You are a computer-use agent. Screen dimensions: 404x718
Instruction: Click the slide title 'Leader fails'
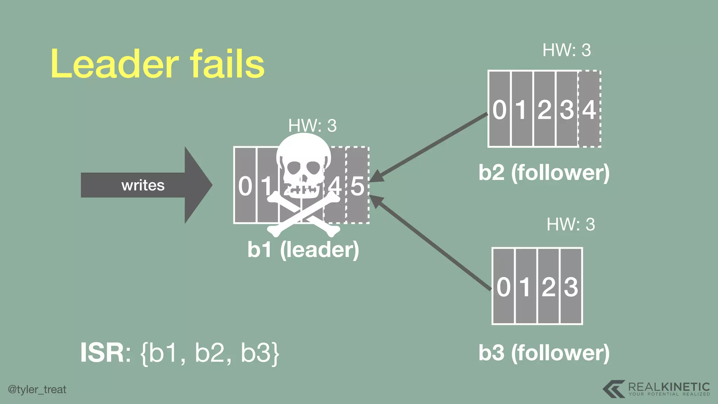click(x=157, y=64)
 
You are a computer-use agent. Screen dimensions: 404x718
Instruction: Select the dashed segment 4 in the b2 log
click(x=589, y=109)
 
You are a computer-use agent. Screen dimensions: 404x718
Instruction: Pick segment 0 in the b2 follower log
click(x=500, y=109)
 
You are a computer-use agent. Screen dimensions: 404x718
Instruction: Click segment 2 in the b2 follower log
click(x=544, y=109)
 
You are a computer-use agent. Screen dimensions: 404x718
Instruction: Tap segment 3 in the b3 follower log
click(x=571, y=286)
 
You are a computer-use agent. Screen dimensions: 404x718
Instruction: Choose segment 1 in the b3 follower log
click(x=526, y=286)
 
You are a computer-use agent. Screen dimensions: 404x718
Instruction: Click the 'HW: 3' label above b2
click(x=567, y=50)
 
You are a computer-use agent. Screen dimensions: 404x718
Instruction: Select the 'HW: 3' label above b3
click(x=571, y=224)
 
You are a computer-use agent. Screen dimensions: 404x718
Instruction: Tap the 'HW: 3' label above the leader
click(x=312, y=126)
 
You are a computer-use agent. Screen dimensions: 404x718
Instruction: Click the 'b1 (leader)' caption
click(x=303, y=249)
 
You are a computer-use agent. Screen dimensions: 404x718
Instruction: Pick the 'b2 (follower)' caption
click(x=544, y=173)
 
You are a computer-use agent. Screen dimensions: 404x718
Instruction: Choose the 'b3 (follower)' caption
click(x=544, y=352)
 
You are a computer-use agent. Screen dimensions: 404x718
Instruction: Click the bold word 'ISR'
click(x=102, y=353)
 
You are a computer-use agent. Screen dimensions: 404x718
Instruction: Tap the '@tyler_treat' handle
click(x=37, y=389)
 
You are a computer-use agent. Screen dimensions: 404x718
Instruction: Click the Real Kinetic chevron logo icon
click(x=614, y=389)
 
